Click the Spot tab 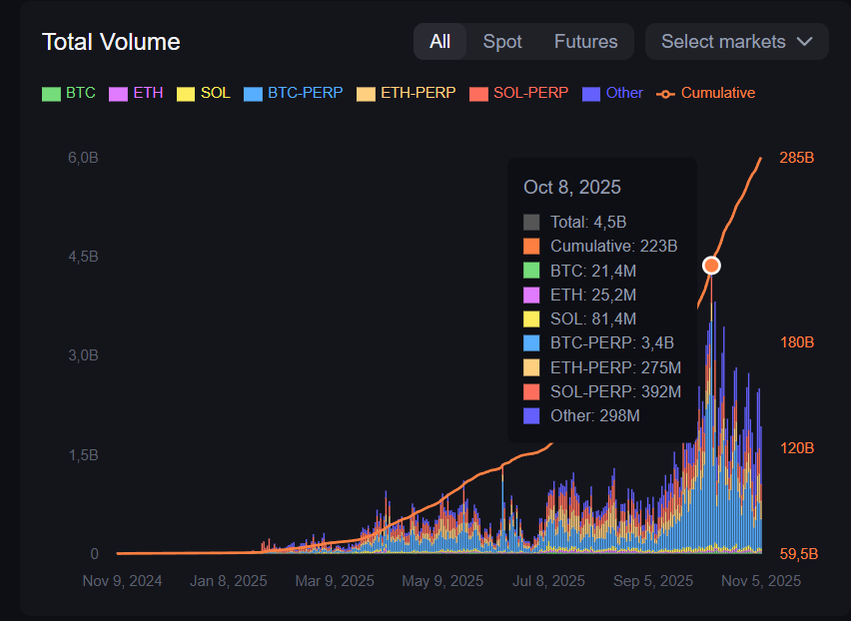pos(502,42)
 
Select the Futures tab pos(585,42)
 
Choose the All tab pos(439,42)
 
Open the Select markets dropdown pos(737,42)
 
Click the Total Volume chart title pos(111,42)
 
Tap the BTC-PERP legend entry pos(294,93)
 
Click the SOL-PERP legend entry pos(519,93)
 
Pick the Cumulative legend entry pos(706,93)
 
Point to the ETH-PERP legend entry pos(407,93)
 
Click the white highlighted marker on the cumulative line pos(711,265)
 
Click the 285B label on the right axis pos(797,158)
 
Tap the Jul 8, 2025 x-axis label pos(547,580)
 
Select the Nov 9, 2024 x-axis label pos(122,580)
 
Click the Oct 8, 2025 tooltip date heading pos(572,187)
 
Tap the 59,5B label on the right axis pos(797,554)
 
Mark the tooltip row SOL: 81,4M pos(592,318)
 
